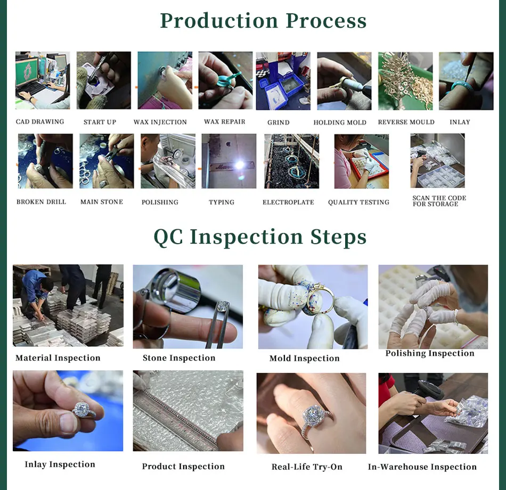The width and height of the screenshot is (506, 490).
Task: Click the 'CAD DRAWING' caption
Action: pyautogui.click(x=40, y=121)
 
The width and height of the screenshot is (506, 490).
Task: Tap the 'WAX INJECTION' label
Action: pyautogui.click(x=160, y=122)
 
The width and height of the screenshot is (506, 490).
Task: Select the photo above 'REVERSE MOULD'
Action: pyautogui.click(x=405, y=81)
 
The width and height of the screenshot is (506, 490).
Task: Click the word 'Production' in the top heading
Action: pyautogui.click(x=219, y=21)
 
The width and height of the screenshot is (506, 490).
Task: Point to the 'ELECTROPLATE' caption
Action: pyautogui.click(x=288, y=202)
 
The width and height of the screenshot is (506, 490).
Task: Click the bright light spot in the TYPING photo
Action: pyautogui.click(x=240, y=165)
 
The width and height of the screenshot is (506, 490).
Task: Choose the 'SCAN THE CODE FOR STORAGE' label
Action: pyautogui.click(x=439, y=201)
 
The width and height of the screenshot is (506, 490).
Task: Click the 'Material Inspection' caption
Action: pyautogui.click(x=58, y=358)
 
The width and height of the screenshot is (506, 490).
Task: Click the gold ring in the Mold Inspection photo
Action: pyautogui.click(x=318, y=297)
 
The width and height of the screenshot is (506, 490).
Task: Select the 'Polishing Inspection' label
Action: pyautogui.click(x=430, y=353)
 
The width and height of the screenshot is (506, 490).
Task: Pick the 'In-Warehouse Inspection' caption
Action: pyautogui.click(x=422, y=467)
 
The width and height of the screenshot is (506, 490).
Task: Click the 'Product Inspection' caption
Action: pyautogui.click(x=183, y=467)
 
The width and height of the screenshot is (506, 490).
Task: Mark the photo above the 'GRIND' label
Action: pyautogui.click(x=283, y=81)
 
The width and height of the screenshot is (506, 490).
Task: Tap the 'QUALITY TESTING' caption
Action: pyautogui.click(x=358, y=202)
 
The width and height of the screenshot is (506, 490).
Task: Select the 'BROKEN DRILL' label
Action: pyautogui.click(x=42, y=202)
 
